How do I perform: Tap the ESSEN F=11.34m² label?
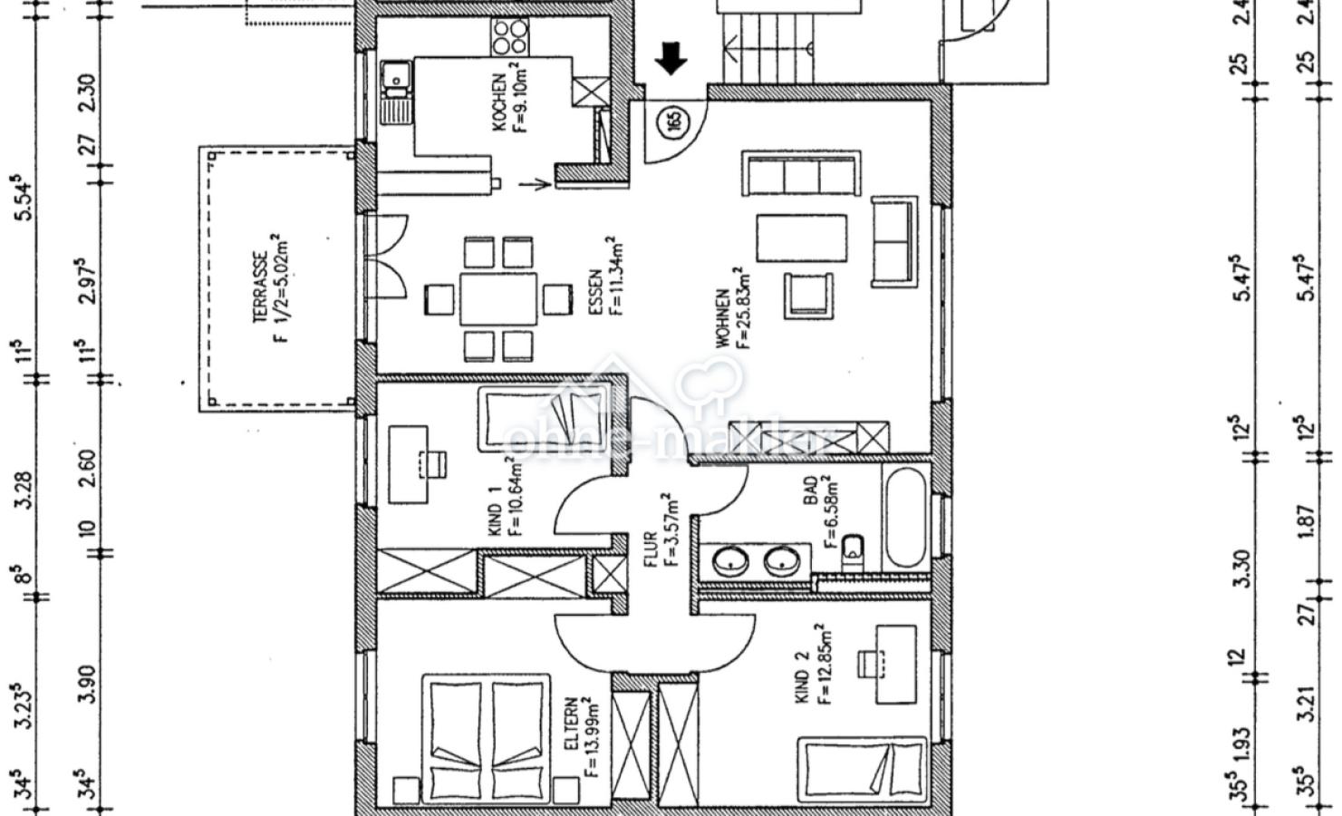[x=604, y=277]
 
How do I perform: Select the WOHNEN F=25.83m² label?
[x=732, y=307]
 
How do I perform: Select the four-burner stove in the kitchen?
[x=509, y=36]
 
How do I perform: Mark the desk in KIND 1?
[x=409, y=463]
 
